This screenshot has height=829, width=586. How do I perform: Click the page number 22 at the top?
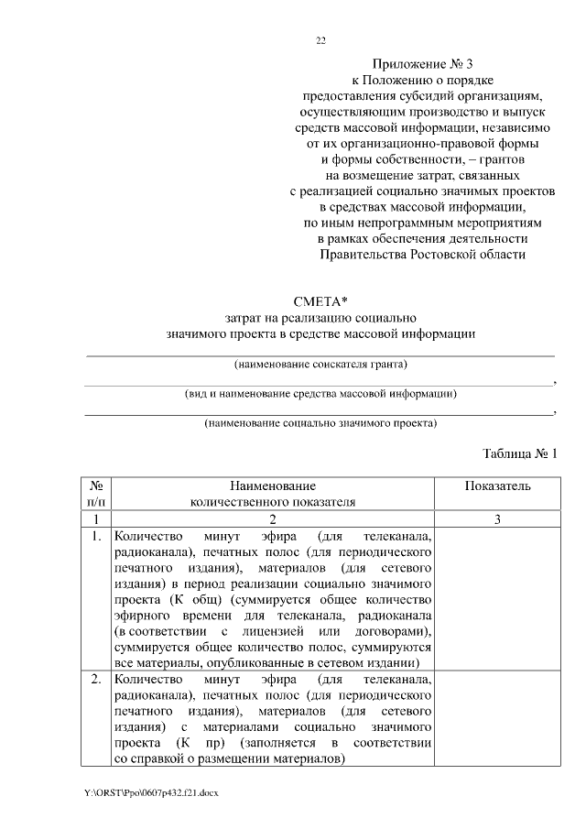(320, 40)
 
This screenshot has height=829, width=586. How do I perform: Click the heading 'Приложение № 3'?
(421, 64)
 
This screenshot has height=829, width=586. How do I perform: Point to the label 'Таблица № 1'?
(520, 453)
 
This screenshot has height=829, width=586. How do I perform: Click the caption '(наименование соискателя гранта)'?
(320, 365)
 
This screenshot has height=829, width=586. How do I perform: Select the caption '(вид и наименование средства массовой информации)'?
(320, 394)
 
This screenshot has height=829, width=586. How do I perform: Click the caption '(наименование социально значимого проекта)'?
(320, 423)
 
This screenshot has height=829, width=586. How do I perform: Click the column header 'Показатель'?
(497, 485)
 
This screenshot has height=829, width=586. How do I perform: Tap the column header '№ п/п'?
(96, 493)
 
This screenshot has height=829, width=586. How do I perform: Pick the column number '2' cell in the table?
(272, 519)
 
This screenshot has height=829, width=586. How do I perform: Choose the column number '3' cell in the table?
(497, 519)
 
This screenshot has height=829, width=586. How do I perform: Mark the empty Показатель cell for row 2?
(497, 720)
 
